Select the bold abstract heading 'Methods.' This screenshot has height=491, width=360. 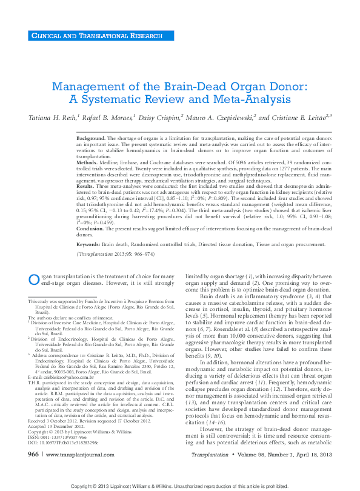pyautogui.click(x=88, y=162)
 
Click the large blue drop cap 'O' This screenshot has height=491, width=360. pyautogui.click(x=34, y=278)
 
